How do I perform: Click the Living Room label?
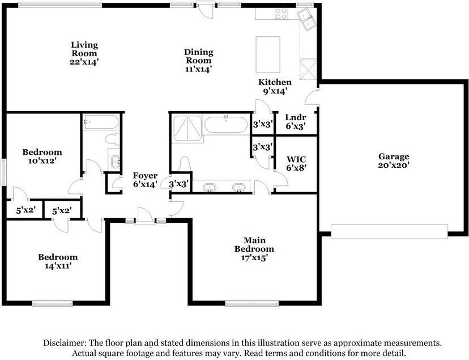tap(84, 49)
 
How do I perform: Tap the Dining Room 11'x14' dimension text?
tap(199, 69)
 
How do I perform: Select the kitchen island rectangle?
tap(268, 54)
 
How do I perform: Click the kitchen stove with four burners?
tap(281, 14)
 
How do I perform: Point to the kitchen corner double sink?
tap(306, 19)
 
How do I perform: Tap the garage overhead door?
tap(389, 231)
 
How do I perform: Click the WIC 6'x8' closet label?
tap(296, 163)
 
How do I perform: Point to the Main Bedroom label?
tap(254, 244)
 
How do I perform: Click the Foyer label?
tap(145, 175)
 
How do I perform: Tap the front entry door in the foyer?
tap(146, 216)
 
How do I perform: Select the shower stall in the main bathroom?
tap(187, 129)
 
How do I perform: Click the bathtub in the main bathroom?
tap(226, 125)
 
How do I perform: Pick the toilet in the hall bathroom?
tap(113, 139)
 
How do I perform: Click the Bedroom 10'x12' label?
tap(42, 156)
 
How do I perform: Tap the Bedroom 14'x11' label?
tap(58, 261)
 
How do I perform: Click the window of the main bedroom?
tap(252, 304)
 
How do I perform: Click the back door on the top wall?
tap(206, 9)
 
